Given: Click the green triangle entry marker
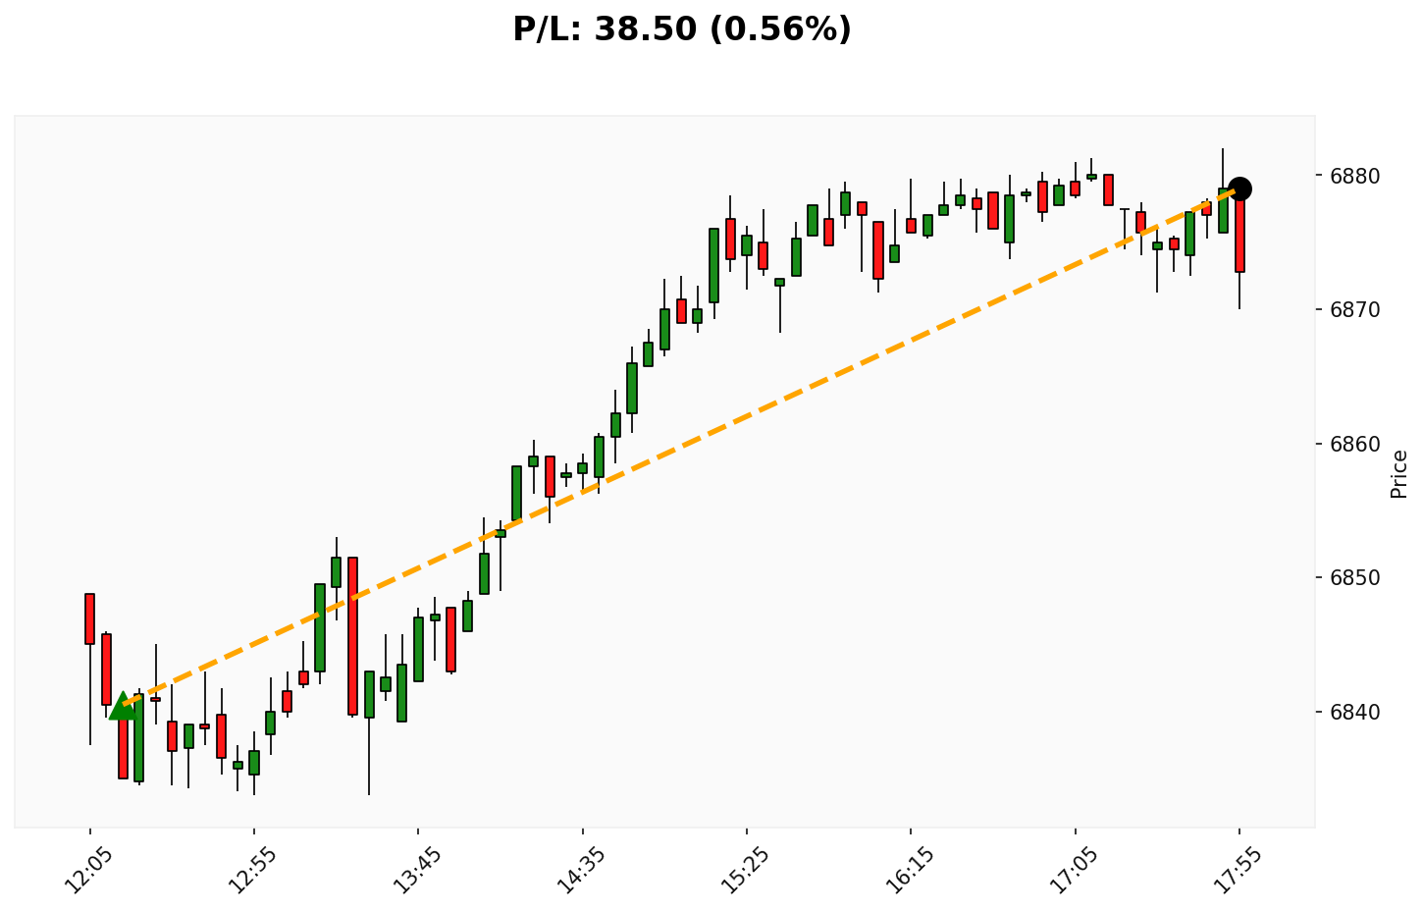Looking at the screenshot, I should click(122, 706).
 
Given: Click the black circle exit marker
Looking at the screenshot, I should click(1239, 188).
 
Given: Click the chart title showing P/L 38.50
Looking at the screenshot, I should click(682, 29).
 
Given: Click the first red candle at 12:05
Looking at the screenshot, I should click(89, 618).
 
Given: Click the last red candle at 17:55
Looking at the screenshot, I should click(1239, 232).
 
